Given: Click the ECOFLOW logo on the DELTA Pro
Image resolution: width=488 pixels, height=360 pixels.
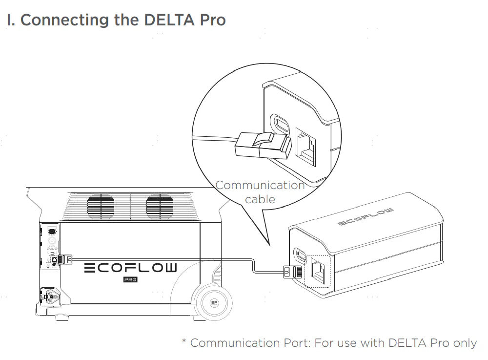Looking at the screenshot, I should (x=131, y=268).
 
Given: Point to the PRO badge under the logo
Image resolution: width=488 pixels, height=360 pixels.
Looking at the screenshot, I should (x=130, y=279).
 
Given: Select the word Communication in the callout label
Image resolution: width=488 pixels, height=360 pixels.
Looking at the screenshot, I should (x=260, y=186).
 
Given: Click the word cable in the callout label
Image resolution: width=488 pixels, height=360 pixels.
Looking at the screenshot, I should (x=260, y=199).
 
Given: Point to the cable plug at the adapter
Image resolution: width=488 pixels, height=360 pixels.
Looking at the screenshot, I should (x=289, y=272).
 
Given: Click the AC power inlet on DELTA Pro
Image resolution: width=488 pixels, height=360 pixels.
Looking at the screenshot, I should (x=52, y=296).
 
